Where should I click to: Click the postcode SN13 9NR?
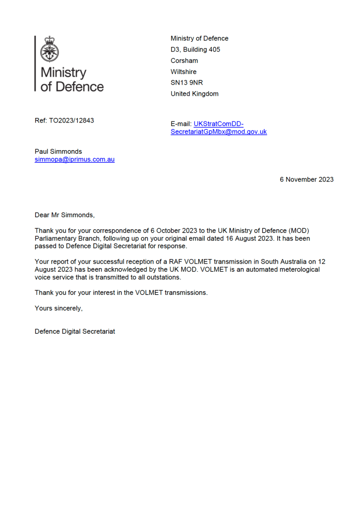pos(187,83)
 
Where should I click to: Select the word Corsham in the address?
pos(185,60)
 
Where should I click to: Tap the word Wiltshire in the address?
pos(184,72)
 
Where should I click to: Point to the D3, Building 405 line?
pos(196,49)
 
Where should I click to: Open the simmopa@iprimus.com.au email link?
pos(75,159)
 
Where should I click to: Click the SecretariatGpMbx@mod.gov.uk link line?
pos(219,132)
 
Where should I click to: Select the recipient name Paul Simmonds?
pos(58,151)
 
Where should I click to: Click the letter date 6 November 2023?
pos(307,179)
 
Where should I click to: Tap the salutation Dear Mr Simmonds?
pos(65,215)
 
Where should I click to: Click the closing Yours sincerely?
pos(58,308)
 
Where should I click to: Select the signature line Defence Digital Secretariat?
pos(75,332)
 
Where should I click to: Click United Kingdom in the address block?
pos(195,94)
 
